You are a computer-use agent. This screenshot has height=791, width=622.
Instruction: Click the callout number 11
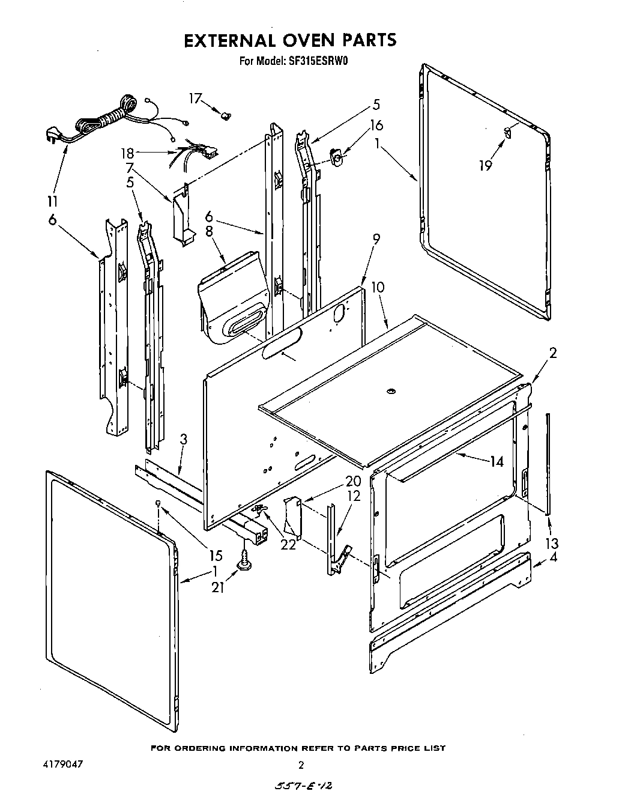point(52,201)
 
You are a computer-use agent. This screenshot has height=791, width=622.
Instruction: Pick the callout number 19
point(485,166)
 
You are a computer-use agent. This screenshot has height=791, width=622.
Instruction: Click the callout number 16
point(376,126)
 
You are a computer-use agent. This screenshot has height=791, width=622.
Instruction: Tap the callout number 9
point(376,240)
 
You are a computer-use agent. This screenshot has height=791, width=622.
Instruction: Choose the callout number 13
point(551,543)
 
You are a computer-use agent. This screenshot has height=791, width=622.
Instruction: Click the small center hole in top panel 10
point(391,392)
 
